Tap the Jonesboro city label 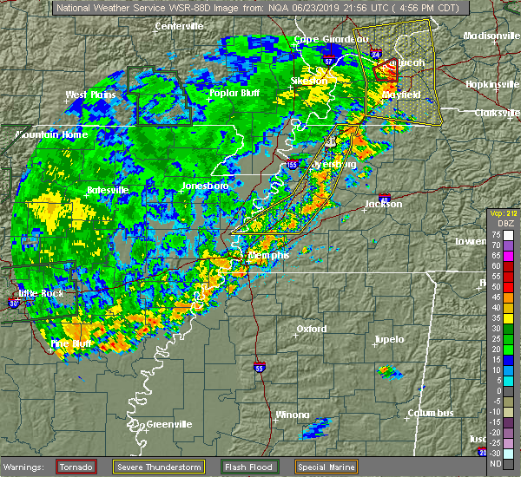205,186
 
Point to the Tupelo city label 389,339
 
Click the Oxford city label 312,329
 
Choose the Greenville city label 168,424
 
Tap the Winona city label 292,415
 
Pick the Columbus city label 433,413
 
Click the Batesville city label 108,189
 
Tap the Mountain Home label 52,135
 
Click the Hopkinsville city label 489,83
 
